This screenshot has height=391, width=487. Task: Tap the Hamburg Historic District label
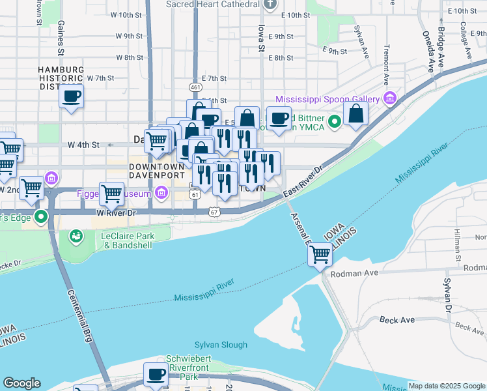(x=61, y=78)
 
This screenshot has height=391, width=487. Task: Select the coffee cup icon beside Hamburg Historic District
(x=72, y=97)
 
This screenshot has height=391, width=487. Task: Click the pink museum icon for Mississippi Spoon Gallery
(x=390, y=99)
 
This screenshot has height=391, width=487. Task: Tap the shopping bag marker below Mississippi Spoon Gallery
(x=356, y=114)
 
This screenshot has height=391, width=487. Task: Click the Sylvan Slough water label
(x=221, y=345)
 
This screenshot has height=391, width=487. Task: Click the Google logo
(x=21, y=383)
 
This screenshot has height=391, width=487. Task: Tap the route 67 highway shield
(x=214, y=212)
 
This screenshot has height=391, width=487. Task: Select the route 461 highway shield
(x=195, y=87)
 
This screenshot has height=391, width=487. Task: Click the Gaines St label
(x=61, y=37)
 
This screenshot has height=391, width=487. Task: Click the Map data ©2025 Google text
(x=446, y=386)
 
